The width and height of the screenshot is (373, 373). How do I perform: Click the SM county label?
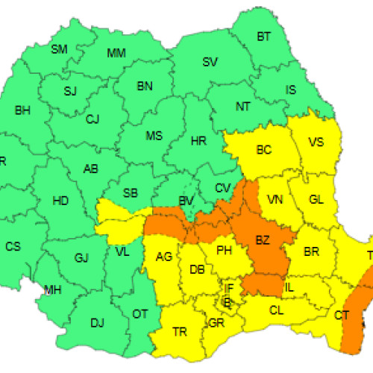(59, 50)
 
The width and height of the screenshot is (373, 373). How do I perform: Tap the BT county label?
(264, 37)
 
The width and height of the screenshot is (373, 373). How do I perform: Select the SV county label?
(210, 62)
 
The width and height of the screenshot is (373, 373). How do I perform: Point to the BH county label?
(22, 111)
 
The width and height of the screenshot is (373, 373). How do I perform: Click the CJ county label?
(93, 119)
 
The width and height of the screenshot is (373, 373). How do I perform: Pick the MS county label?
(154, 136)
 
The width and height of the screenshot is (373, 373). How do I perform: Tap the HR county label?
(198, 141)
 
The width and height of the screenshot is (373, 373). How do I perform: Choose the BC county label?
(263, 150)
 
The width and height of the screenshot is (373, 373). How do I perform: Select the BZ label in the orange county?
(262, 240)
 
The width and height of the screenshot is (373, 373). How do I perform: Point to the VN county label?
(275, 200)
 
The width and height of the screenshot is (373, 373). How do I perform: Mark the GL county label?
(316, 200)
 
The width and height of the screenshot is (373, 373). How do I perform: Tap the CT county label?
(342, 316)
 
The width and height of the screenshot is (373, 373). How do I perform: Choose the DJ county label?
(97, 322)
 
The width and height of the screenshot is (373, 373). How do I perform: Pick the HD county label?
(61, 200)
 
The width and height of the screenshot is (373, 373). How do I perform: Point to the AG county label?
(164, 257)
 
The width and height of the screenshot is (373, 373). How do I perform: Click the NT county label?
(243, 107)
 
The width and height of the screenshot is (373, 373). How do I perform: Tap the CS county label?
(13, 246)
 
